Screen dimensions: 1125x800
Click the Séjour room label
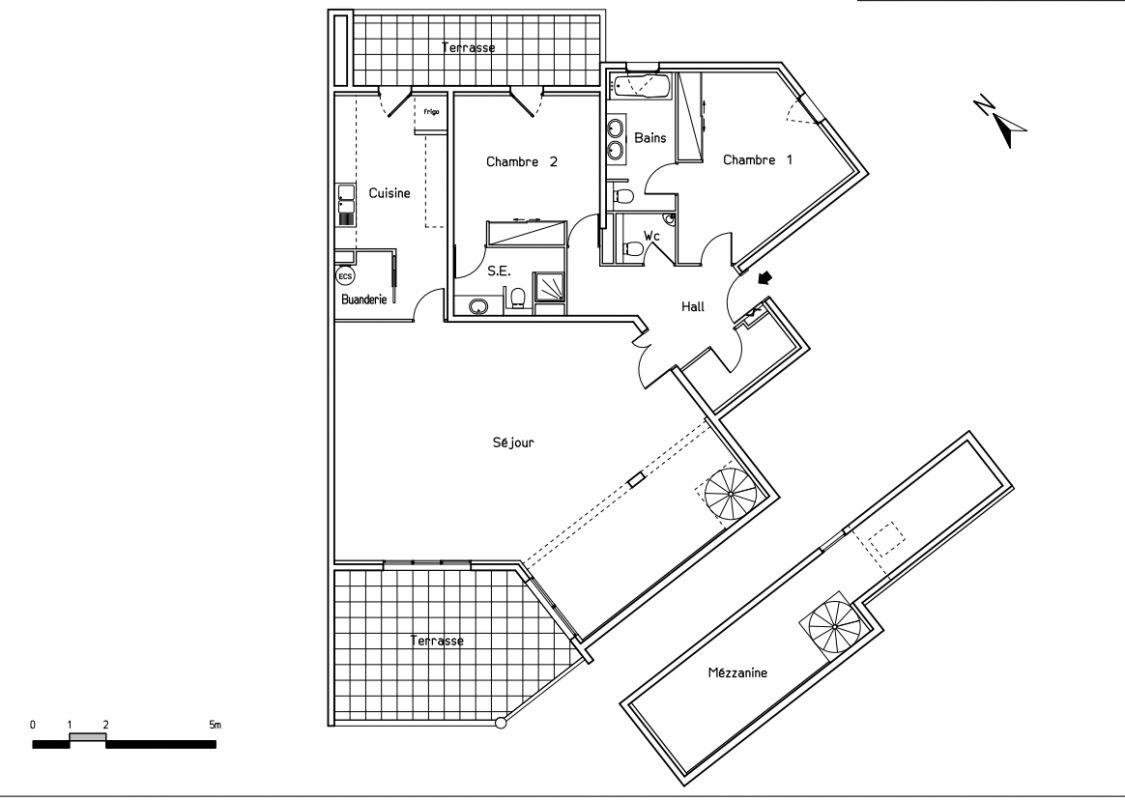pyautogui.click(x=513, y=443)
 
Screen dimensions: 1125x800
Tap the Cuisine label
pyautogui.click(x=390, y=193)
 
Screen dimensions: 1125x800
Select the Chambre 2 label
pyautogui.click(x=522, y=162)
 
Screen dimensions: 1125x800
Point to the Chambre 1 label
pyautogui.click(x=758, y=160)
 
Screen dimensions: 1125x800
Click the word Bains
pyautogui.click(x=650, y=138)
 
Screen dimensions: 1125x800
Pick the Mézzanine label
pyautogui.click(x=738, y=673)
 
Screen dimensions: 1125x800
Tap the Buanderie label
pyautogui.click(x=364, y=299)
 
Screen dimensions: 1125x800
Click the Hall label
pyautogui.click(x=693, y=307)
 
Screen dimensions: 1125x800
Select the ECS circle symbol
pyautogui.click(x=345, y=276)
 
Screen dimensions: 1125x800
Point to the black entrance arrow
pyautogui.click(x=766, y=277)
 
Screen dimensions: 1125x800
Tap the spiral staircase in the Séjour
pyautogui.click(x=730, y=494)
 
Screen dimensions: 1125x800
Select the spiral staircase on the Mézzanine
pyautogui.click(x=834, y=627)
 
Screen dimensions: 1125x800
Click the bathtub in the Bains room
pyautogui.click(x=641, y=86)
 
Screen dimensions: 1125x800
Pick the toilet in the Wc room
pyautogui.click(x=633, y=248)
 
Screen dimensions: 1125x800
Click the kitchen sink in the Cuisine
pyautogui.click(x=346, y=204)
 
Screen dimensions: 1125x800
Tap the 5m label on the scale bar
pyautogui.click(x=215, y=725)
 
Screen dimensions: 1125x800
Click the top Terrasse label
pyautogui.click(x=468, y=48)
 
